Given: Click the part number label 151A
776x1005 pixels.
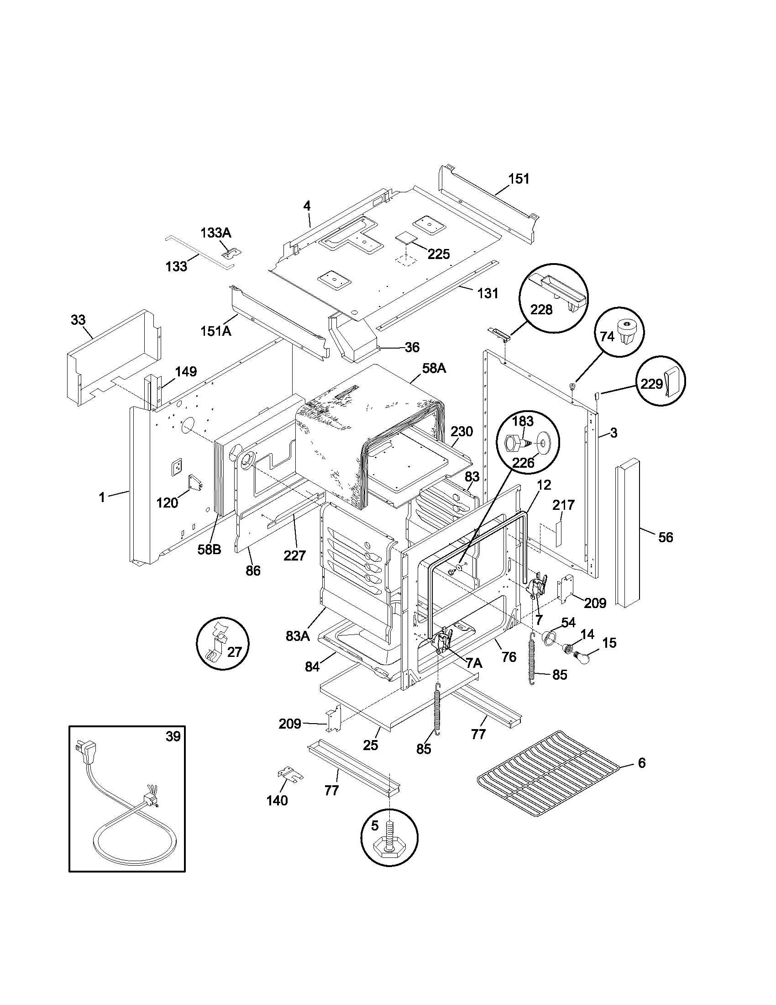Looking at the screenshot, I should (x=215, y=330).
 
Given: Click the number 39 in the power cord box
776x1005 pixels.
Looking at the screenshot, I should (x=173, y=737).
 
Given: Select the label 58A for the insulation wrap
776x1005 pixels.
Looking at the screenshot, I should (x=434, y=368).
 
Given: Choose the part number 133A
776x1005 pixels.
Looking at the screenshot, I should (x=215, y=233).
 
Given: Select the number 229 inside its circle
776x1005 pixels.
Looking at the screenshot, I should (x=651, y=384).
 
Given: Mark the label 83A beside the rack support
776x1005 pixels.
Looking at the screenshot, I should (x=298, y=636).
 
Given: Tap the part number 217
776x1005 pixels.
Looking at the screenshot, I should (x=564, y=505).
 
